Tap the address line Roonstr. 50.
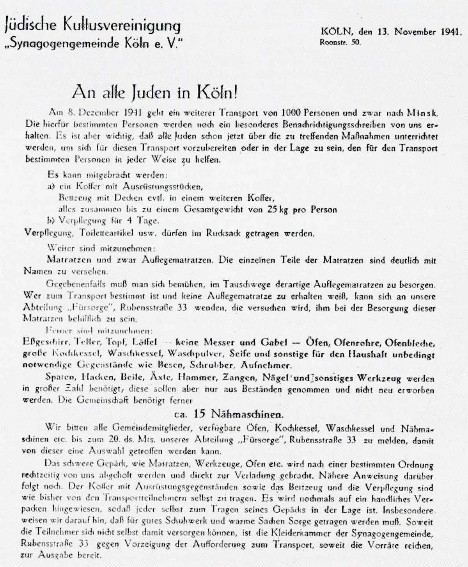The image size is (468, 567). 340,43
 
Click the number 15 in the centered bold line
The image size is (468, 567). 200,413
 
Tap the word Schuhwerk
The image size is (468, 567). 202,522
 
